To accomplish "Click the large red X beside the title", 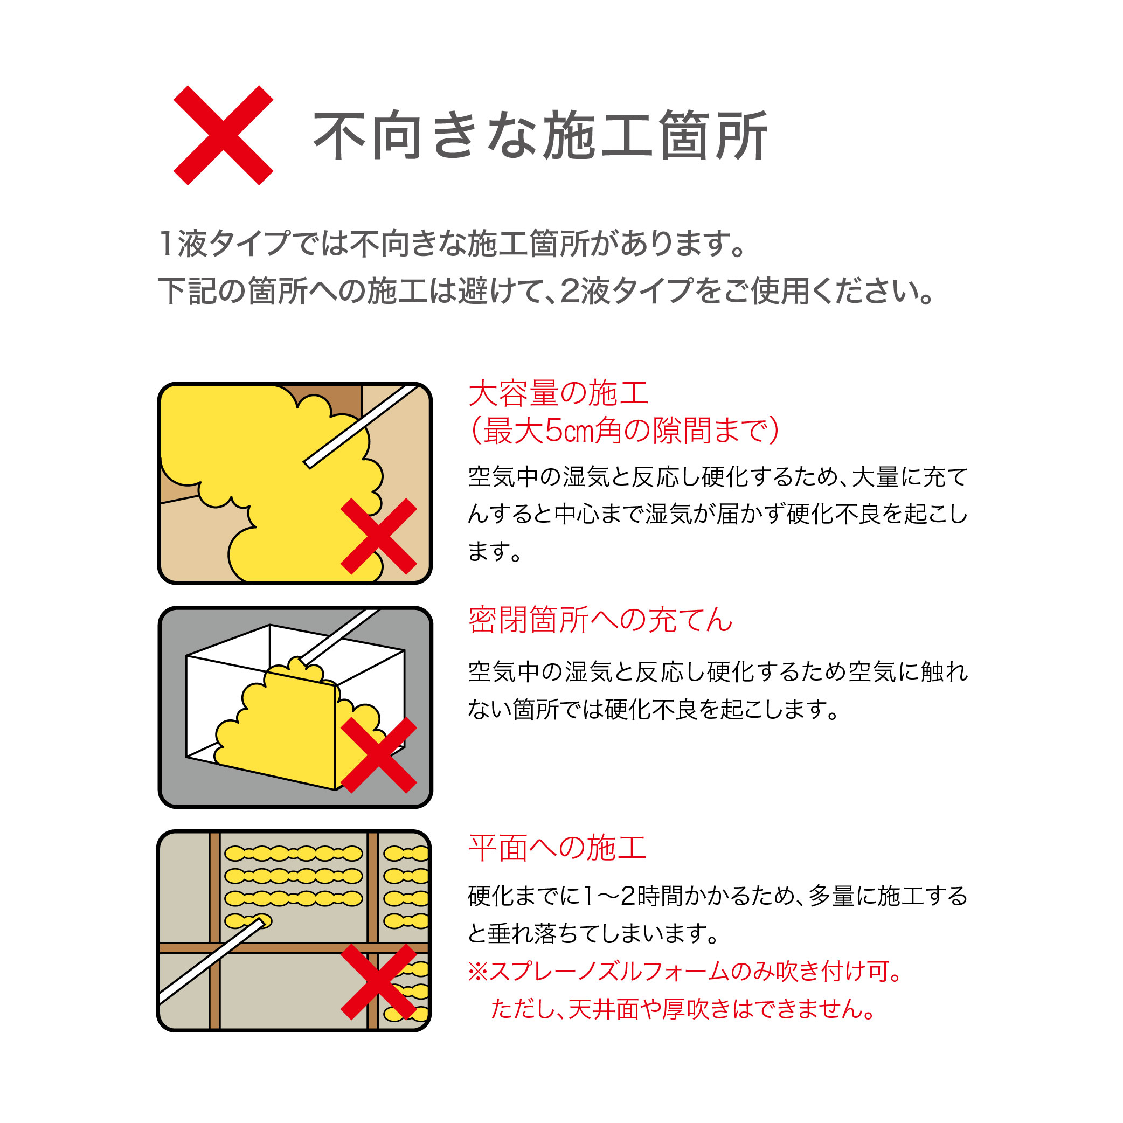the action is click(x=223, y=135).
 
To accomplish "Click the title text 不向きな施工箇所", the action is click(x=540, y=135).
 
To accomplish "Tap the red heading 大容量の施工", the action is click(x=558, y=393).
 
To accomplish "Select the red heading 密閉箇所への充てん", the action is click(x=600, y=620).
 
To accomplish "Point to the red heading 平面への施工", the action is click(x=557, y=848).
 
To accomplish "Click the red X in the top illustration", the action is click(x=378, y=536).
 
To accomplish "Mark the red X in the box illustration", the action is click(x=378, y=755).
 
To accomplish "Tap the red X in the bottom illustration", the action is click(x=378, y=982).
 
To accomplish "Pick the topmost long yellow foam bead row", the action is click(x=294, y=853).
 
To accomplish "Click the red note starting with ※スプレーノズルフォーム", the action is click(x=685, y=971).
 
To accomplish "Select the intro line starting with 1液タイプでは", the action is click(x=452, y=244).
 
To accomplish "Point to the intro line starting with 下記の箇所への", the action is click(x=546, y=291).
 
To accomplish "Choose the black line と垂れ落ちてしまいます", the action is click(x=593, y=933).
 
